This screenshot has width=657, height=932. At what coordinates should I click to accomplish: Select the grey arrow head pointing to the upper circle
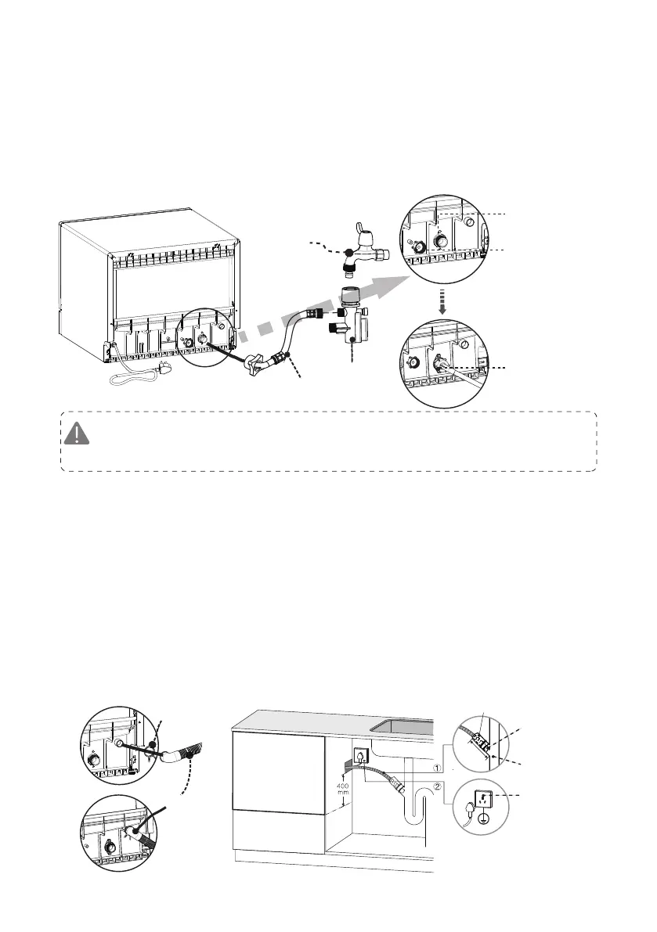379,283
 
